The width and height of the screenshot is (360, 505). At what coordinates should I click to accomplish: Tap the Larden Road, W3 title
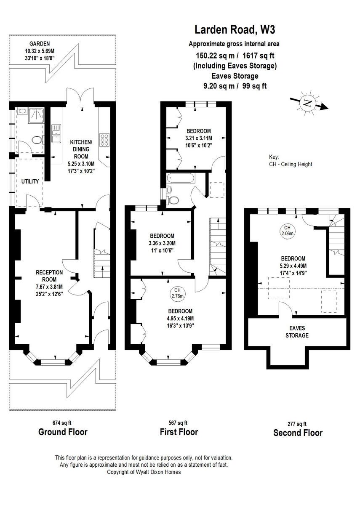tap(236, 30)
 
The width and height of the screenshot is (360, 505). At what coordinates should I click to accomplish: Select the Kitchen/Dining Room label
tap(80, 149)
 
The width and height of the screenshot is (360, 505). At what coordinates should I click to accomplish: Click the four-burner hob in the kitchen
tap(104, 138)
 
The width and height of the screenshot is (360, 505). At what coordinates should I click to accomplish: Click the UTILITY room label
tap(29, 181)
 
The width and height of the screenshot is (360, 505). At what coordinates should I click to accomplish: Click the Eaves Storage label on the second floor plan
tap(298, 332)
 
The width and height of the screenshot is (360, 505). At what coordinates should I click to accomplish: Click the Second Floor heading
tap(298, 433)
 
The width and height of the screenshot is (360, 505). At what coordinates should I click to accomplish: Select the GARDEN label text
tap(39, 44)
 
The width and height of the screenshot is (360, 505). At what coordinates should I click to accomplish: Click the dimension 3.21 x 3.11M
tap(198, 138)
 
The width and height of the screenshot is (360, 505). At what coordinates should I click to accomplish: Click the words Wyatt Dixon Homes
tap(160, 472)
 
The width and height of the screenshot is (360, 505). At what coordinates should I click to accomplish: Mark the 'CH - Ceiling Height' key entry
tap(291, 164)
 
